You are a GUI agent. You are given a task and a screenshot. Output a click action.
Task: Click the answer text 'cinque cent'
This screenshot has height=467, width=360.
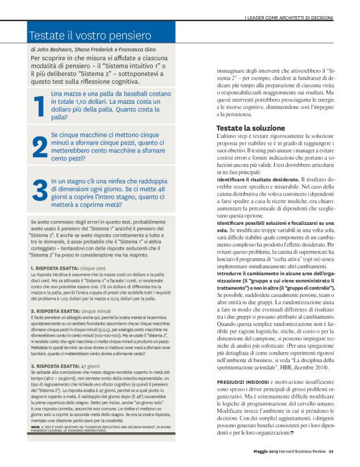tap(94, 268)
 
